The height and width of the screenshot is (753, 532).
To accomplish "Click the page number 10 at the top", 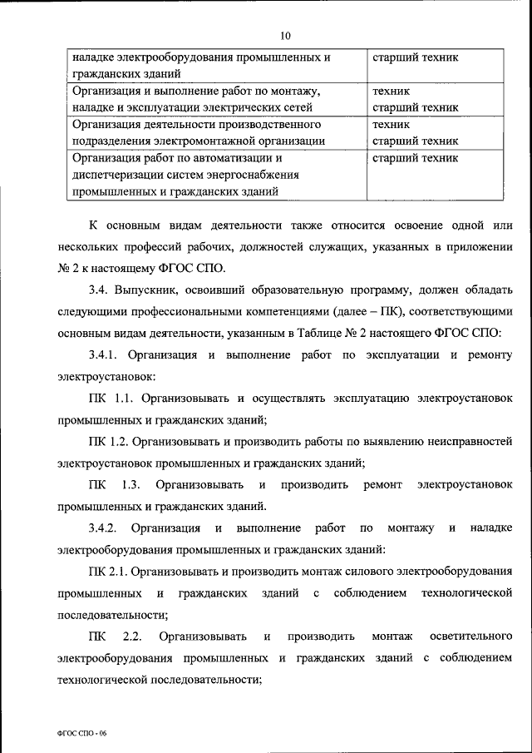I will point(285,36).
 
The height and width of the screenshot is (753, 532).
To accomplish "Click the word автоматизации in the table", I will point(237,157).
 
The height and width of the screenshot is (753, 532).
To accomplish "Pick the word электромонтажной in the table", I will point(219,141).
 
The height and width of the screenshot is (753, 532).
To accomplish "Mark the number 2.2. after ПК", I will point(133,637).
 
